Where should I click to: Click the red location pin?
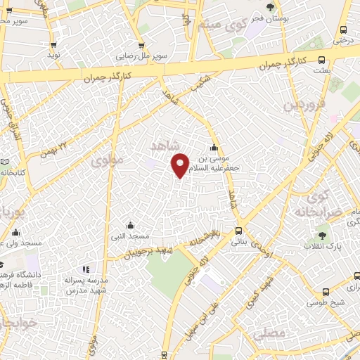tap(181, 165)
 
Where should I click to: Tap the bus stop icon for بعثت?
tap(321, 60)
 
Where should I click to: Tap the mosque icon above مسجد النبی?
tap(131, 226)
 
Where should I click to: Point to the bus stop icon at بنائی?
tap(239, 231)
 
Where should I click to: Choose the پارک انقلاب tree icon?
tap(322, 236)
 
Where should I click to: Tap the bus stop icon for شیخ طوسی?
tap(325, 292)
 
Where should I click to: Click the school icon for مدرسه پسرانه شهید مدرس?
tap(86, 269)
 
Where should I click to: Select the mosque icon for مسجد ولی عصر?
tap(15, 233)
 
